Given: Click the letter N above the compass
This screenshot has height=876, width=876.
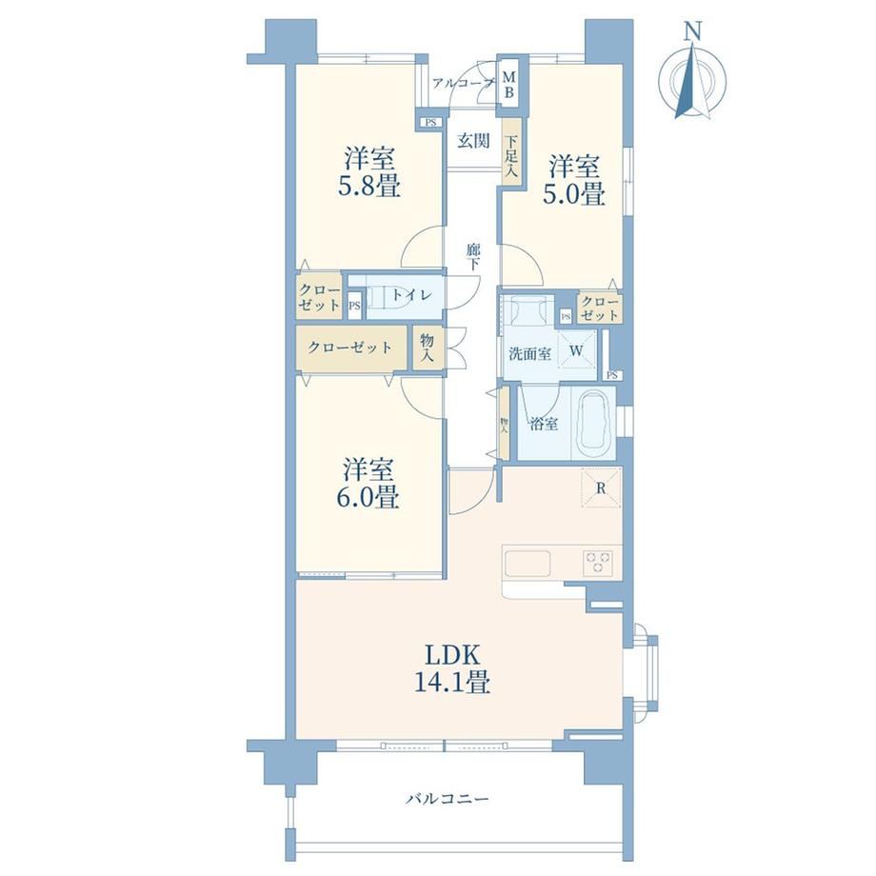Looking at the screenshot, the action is [693, 32].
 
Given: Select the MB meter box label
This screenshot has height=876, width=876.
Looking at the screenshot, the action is [509, 84].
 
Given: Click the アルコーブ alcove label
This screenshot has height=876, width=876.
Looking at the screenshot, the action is [464, 84].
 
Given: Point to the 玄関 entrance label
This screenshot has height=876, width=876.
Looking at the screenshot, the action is [474, 141].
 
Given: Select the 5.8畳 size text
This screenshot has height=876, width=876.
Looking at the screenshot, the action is [369, 186].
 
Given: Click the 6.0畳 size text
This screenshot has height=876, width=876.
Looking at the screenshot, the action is [368, 497].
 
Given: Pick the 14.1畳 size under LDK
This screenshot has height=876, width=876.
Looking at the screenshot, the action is [452, 681].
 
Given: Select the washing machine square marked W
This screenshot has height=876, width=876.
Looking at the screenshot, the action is [576, 350].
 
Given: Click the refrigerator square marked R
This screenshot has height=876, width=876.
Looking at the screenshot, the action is [601, 488].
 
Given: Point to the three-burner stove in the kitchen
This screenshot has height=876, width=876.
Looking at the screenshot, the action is [598, 562].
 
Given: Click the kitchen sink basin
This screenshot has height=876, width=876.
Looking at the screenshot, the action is [528, 562].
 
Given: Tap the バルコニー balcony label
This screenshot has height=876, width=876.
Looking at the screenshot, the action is [447, 799].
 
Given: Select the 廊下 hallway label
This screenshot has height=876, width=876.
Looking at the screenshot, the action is [473, 257].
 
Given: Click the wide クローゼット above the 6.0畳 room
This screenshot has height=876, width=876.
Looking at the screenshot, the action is [350, 348].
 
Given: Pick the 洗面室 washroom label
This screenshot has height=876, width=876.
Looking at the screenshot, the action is [529, 353].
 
